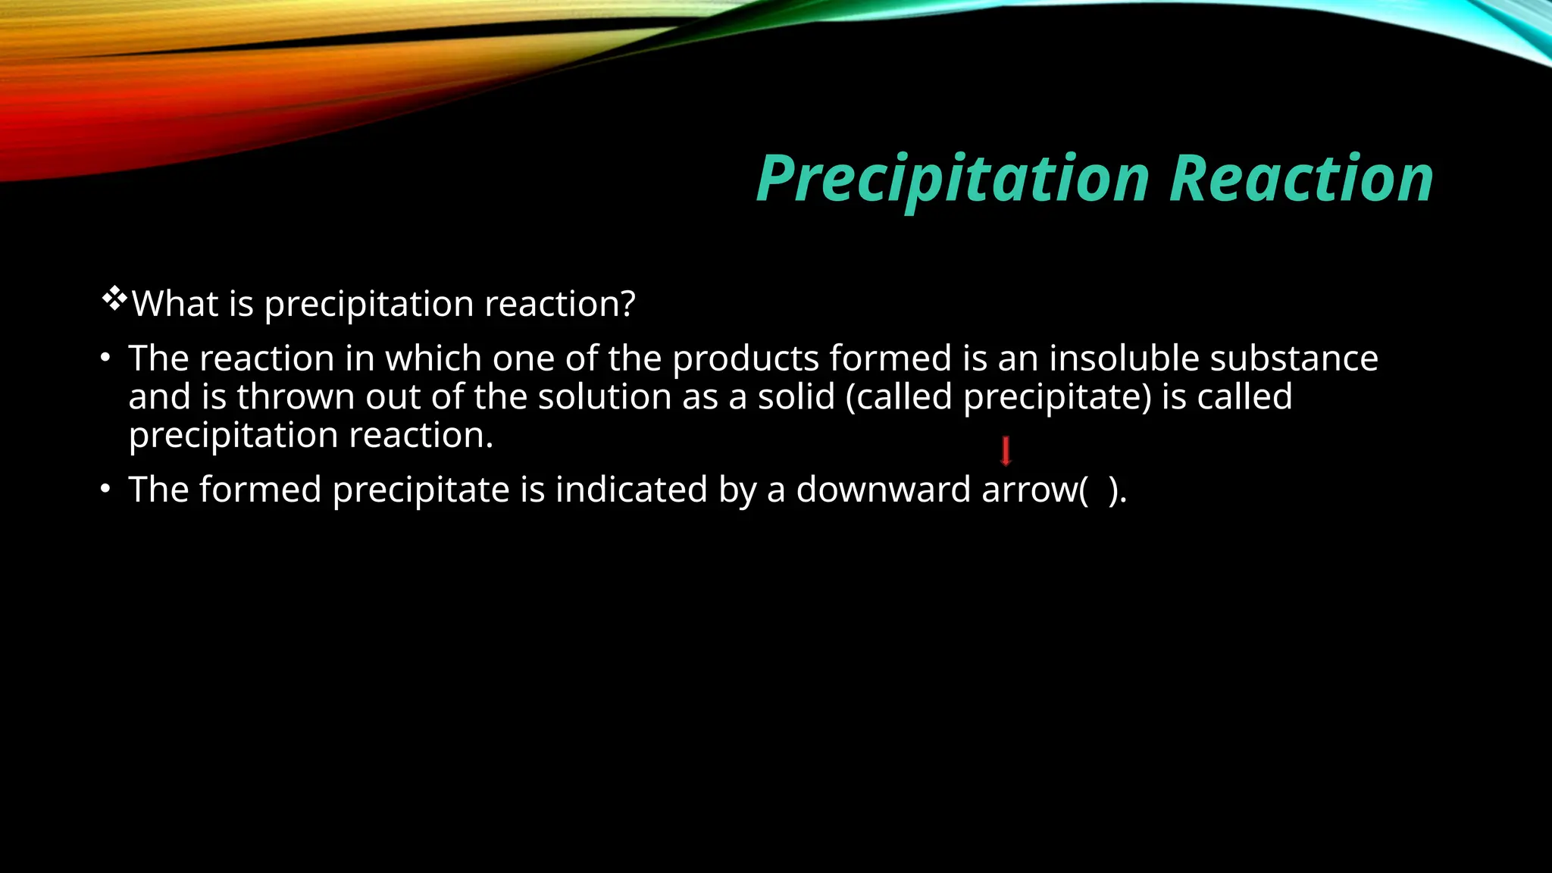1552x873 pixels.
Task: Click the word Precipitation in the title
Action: click(x=953, y=180)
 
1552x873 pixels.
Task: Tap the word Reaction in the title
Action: click(x=1300, y=180)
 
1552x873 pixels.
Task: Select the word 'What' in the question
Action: click(x=175, y=304)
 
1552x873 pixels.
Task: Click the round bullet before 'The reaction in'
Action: click(x=106, y=358)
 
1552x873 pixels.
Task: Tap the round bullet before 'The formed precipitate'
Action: click(x=106, y=489)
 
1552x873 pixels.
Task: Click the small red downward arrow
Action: click(x=1006, y=451)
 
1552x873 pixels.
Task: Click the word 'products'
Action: click(x=746, y=359)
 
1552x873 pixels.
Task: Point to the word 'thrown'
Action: click(x=296, y=396)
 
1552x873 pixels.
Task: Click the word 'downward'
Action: click(x=883, y=489)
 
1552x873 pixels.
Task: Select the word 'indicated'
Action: click(x=631, y=489)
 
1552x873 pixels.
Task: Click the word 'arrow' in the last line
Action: click(x=1029, y=490)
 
